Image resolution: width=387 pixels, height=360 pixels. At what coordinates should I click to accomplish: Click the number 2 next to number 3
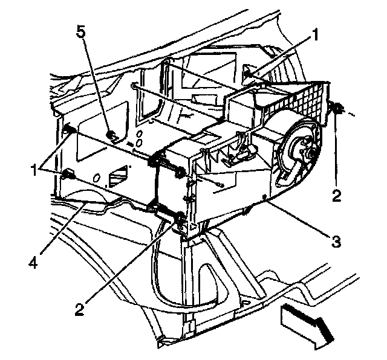click(x=337, y=194)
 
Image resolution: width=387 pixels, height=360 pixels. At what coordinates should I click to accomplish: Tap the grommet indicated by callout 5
click(x=112, y=135)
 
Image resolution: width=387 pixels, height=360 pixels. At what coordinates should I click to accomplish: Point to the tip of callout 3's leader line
click(x=266, y=197)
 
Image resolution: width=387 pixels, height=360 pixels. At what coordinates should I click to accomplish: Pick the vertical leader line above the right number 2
click(x=337, y=151)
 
